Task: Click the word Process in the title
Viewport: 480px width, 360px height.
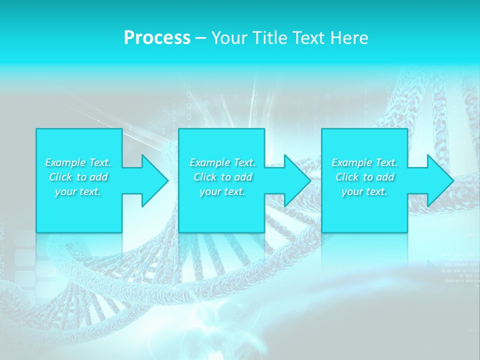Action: [x=157, y=38]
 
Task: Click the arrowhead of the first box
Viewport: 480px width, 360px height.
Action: [x=153, y=180]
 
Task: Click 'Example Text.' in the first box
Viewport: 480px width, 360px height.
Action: [x=78, y=162]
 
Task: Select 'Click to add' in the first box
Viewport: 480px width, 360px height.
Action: [x=78, y=177]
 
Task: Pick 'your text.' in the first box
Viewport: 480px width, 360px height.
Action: [x=78, y=191]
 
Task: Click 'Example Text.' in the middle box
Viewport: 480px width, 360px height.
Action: [x=222, y=162]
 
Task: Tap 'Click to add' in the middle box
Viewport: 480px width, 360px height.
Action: [x=222, y=177]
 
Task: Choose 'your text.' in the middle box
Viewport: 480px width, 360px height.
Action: [x=222, y=191]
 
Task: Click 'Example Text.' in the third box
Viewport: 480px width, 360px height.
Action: [x=364, y=162]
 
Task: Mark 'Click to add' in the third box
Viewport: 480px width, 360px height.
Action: [x=364, y=177]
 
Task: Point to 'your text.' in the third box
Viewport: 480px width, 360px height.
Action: [x=364, y=191]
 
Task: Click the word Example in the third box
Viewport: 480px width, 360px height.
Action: [x=351, y=162]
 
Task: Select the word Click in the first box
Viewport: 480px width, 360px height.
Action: [x=60, y=177]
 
